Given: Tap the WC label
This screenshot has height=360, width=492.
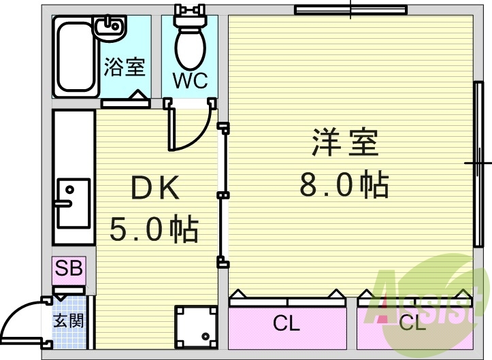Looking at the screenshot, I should pyautogui.click(x=190, y=80).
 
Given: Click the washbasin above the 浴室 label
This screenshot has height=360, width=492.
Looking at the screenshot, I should pyautogui.click(x=109, y=29).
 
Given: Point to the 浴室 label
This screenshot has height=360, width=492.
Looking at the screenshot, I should pyautogui.click(x=125, y=67).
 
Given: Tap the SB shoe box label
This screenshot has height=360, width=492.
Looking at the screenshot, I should pyautogui.click(x=69, y=268).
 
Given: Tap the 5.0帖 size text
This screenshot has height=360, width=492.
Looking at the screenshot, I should pyautogui.click(x=154, y=229).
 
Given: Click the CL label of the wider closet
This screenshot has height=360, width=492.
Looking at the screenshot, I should pyautogui.click(x=286, y=324).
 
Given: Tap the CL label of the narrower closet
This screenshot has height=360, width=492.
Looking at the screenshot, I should pyautogui.click(x=412, y=324).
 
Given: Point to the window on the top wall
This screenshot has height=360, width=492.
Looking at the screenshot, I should pyautogui.click(x=350, y=10).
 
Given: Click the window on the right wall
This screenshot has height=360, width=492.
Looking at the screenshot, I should pyautogui.click(x=477, y=163).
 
